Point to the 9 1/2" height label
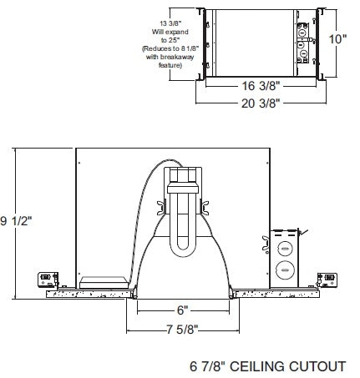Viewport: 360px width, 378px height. [14, 220]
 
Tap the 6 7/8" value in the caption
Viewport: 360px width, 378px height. [205, 365]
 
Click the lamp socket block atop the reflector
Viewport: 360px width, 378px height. [181, 179]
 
